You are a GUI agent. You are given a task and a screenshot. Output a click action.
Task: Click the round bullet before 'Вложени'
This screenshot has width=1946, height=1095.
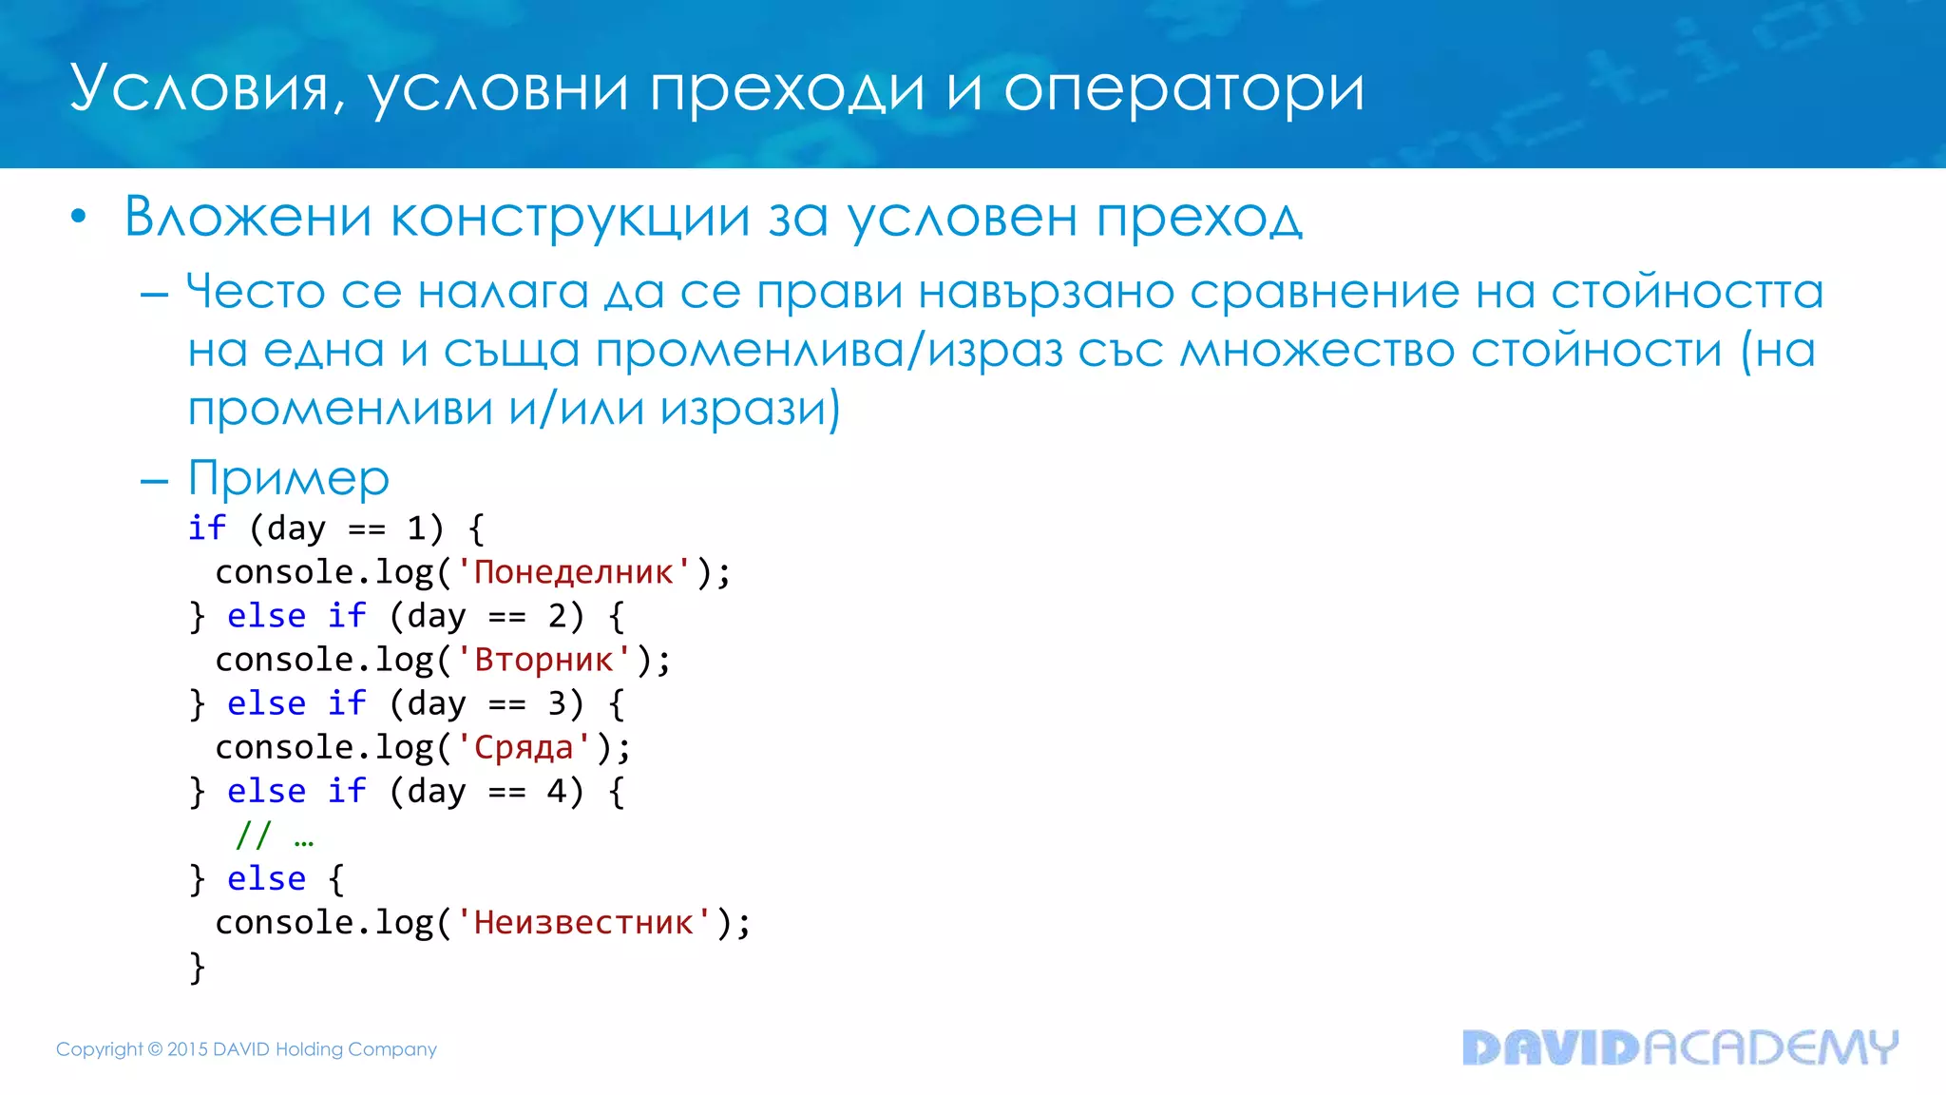pyautogui.click(x=79, y=218)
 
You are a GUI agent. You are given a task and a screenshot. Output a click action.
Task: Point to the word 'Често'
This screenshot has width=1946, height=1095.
pyautogui.click(x=256, y=291)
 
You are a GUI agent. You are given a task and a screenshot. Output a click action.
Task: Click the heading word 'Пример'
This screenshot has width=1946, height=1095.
pyautogui.click(x=289, y=478)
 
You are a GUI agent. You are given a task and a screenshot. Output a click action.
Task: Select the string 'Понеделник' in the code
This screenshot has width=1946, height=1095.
pyautogui.click(x=573, y=572)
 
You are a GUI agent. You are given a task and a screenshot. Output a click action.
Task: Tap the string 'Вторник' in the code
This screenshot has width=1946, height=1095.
pyautogui.click(x=544, y=660)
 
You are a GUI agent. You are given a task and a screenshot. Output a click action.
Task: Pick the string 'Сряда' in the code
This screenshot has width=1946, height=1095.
pyautogui.click(x=524, y=748)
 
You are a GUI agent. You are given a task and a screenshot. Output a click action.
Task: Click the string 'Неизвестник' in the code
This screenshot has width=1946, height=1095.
pyautogui.click(x=583, y=923)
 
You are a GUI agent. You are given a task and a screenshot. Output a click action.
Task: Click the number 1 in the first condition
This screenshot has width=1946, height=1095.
pyautogui.click(x=416, y=528)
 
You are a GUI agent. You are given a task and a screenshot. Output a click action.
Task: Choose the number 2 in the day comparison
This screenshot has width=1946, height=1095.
pyautogui.click(x=558, y=617)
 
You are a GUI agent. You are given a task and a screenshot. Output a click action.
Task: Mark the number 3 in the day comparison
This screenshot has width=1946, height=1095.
pyautogui.click(x=558, y=704)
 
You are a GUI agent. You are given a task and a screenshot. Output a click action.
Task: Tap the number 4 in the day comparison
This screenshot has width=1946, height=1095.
pyautogui.click(x=558, y=792)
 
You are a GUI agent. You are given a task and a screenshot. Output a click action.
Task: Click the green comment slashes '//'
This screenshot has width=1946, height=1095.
pyautogui.click(x=254, y=836)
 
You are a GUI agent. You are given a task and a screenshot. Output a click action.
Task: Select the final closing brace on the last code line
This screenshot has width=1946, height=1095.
pyautogui.click(x=197, y=968)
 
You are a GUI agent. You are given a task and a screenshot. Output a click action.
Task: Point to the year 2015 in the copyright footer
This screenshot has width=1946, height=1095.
pyautogui.click(x=187, y=1049)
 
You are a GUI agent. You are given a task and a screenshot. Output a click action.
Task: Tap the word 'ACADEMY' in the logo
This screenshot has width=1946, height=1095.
pyautogui.click(x=1771, y=1047)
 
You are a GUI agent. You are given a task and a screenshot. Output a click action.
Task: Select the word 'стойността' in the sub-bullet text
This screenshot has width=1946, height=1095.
pyautogui.click(x=1687, y=291)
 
